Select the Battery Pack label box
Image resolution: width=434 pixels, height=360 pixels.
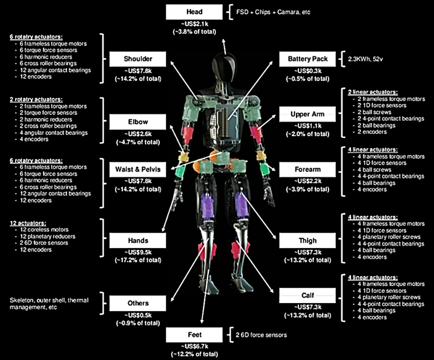(x=303, y=59)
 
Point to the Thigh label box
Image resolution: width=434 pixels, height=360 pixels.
(x=303, y=240)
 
